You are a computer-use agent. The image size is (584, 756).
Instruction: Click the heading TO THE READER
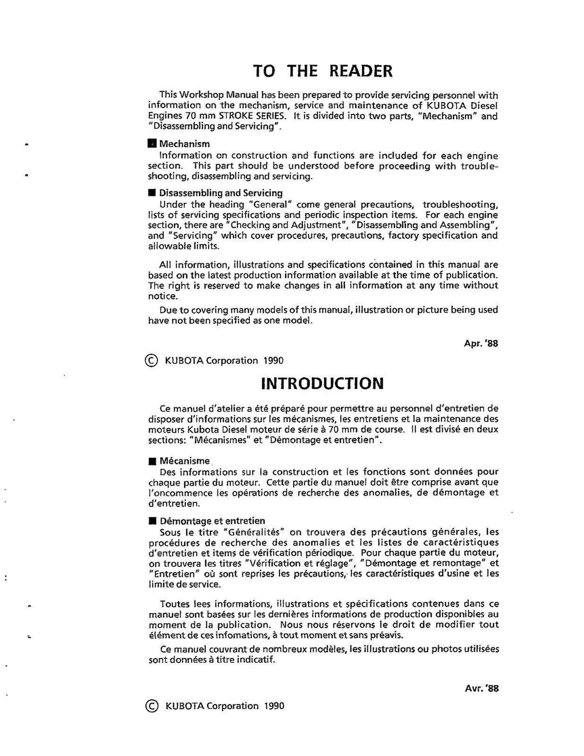323,71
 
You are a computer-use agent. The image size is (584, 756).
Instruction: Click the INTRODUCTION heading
322,383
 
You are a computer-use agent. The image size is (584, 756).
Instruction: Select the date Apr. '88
481,344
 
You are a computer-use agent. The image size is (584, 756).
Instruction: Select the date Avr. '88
482,689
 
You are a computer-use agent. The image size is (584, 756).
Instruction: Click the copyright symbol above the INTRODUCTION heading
152,360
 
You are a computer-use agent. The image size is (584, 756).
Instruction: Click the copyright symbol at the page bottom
152,706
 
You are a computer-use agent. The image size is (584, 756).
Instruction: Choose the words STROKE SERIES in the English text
256,116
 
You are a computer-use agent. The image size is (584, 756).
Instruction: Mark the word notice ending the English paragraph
163,296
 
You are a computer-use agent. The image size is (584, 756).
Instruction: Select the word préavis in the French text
387,635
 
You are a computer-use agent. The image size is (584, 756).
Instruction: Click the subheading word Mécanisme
185,461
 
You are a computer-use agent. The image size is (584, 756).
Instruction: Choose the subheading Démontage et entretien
212,521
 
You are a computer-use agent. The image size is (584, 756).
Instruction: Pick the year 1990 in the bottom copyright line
274,706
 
